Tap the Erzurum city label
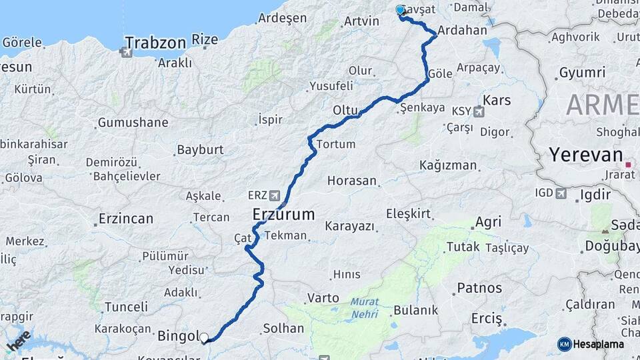point(283,214)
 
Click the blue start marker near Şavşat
point(400,10)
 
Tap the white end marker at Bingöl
point(204,338)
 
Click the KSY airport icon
point(478,111)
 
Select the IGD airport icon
point(561,193)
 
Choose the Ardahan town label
point(463,30)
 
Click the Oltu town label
point(346,109)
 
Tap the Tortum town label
point(336,144)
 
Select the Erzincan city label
point(125,219)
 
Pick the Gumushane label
point(133,123)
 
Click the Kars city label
point(497,100)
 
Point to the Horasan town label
point(352,181)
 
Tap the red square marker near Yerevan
point(627,164)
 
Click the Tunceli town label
point(126,307)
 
